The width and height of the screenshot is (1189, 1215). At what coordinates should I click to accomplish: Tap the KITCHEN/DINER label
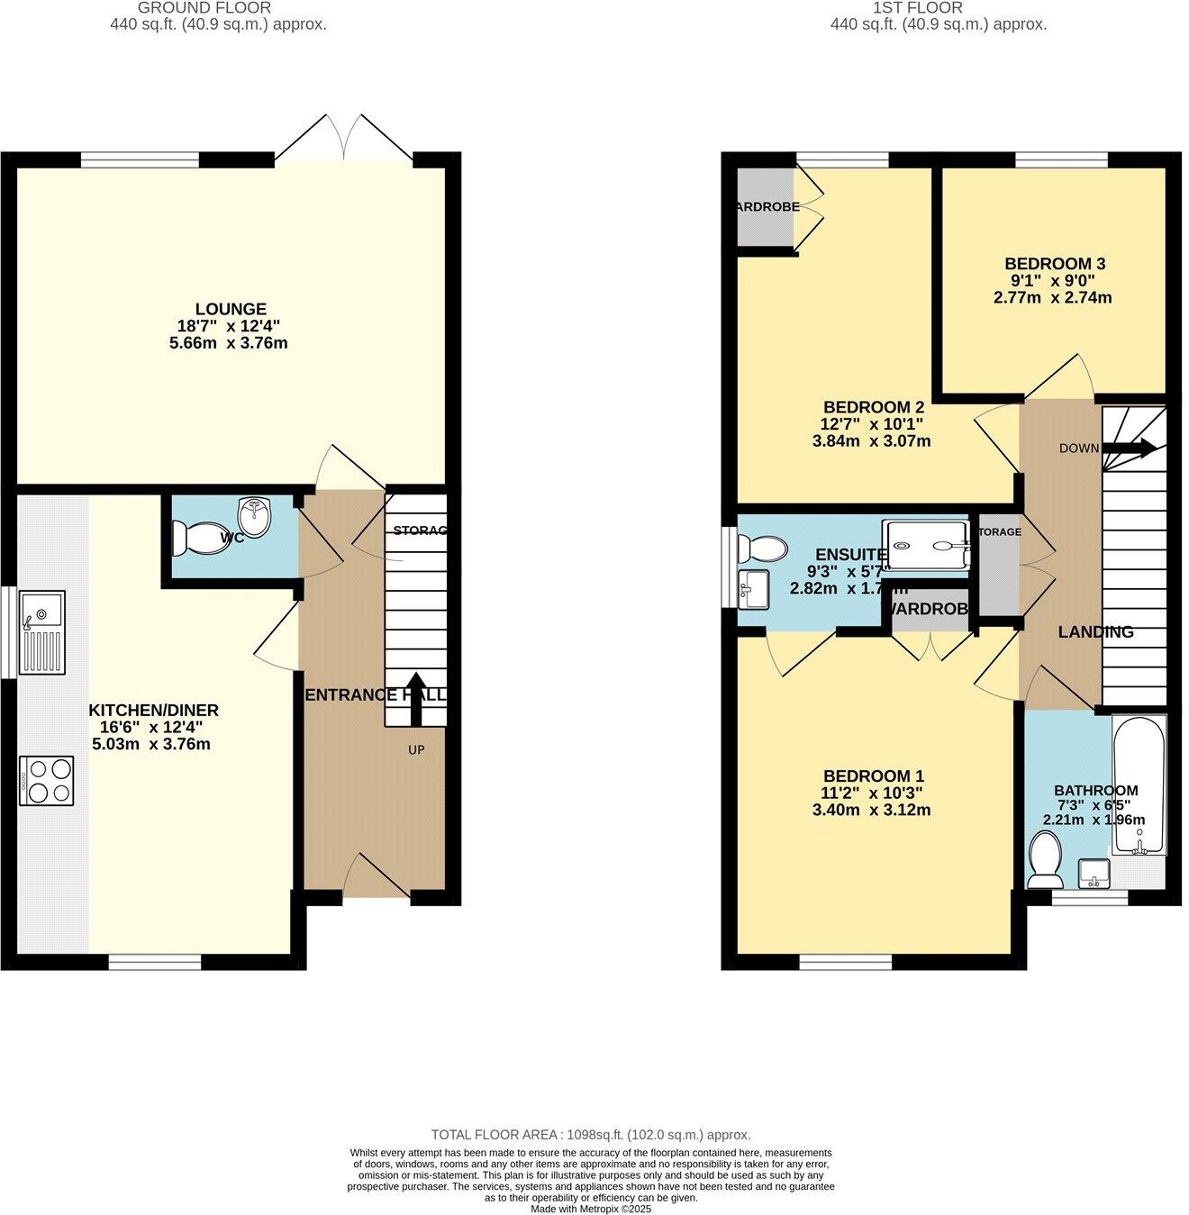[x=153, y=711]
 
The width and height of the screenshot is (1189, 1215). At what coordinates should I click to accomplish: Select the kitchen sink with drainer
[x=42, y=633]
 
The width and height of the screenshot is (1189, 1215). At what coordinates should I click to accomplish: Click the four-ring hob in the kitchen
[x=47, y=781]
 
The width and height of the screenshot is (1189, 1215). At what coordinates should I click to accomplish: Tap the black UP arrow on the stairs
[x=416, y=699]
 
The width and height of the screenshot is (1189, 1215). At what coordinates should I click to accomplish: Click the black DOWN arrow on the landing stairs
[x=1130, y=448]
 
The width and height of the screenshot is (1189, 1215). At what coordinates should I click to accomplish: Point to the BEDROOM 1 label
[x=874, y=776]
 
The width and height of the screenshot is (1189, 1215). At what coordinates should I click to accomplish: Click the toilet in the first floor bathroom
[x=1045, y=858]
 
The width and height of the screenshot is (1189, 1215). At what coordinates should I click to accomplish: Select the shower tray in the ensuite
[x=926, y=546]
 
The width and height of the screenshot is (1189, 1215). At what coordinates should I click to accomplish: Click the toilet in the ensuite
[x=761, y=547]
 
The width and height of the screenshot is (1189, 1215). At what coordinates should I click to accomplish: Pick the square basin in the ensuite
[x=753, y=589]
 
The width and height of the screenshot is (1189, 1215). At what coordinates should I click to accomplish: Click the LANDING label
[x=1095, y=632]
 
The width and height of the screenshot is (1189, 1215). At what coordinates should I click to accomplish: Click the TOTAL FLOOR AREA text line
[x=591, y=1135]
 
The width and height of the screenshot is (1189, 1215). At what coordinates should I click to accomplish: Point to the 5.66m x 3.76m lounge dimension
[x=229, y=343]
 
